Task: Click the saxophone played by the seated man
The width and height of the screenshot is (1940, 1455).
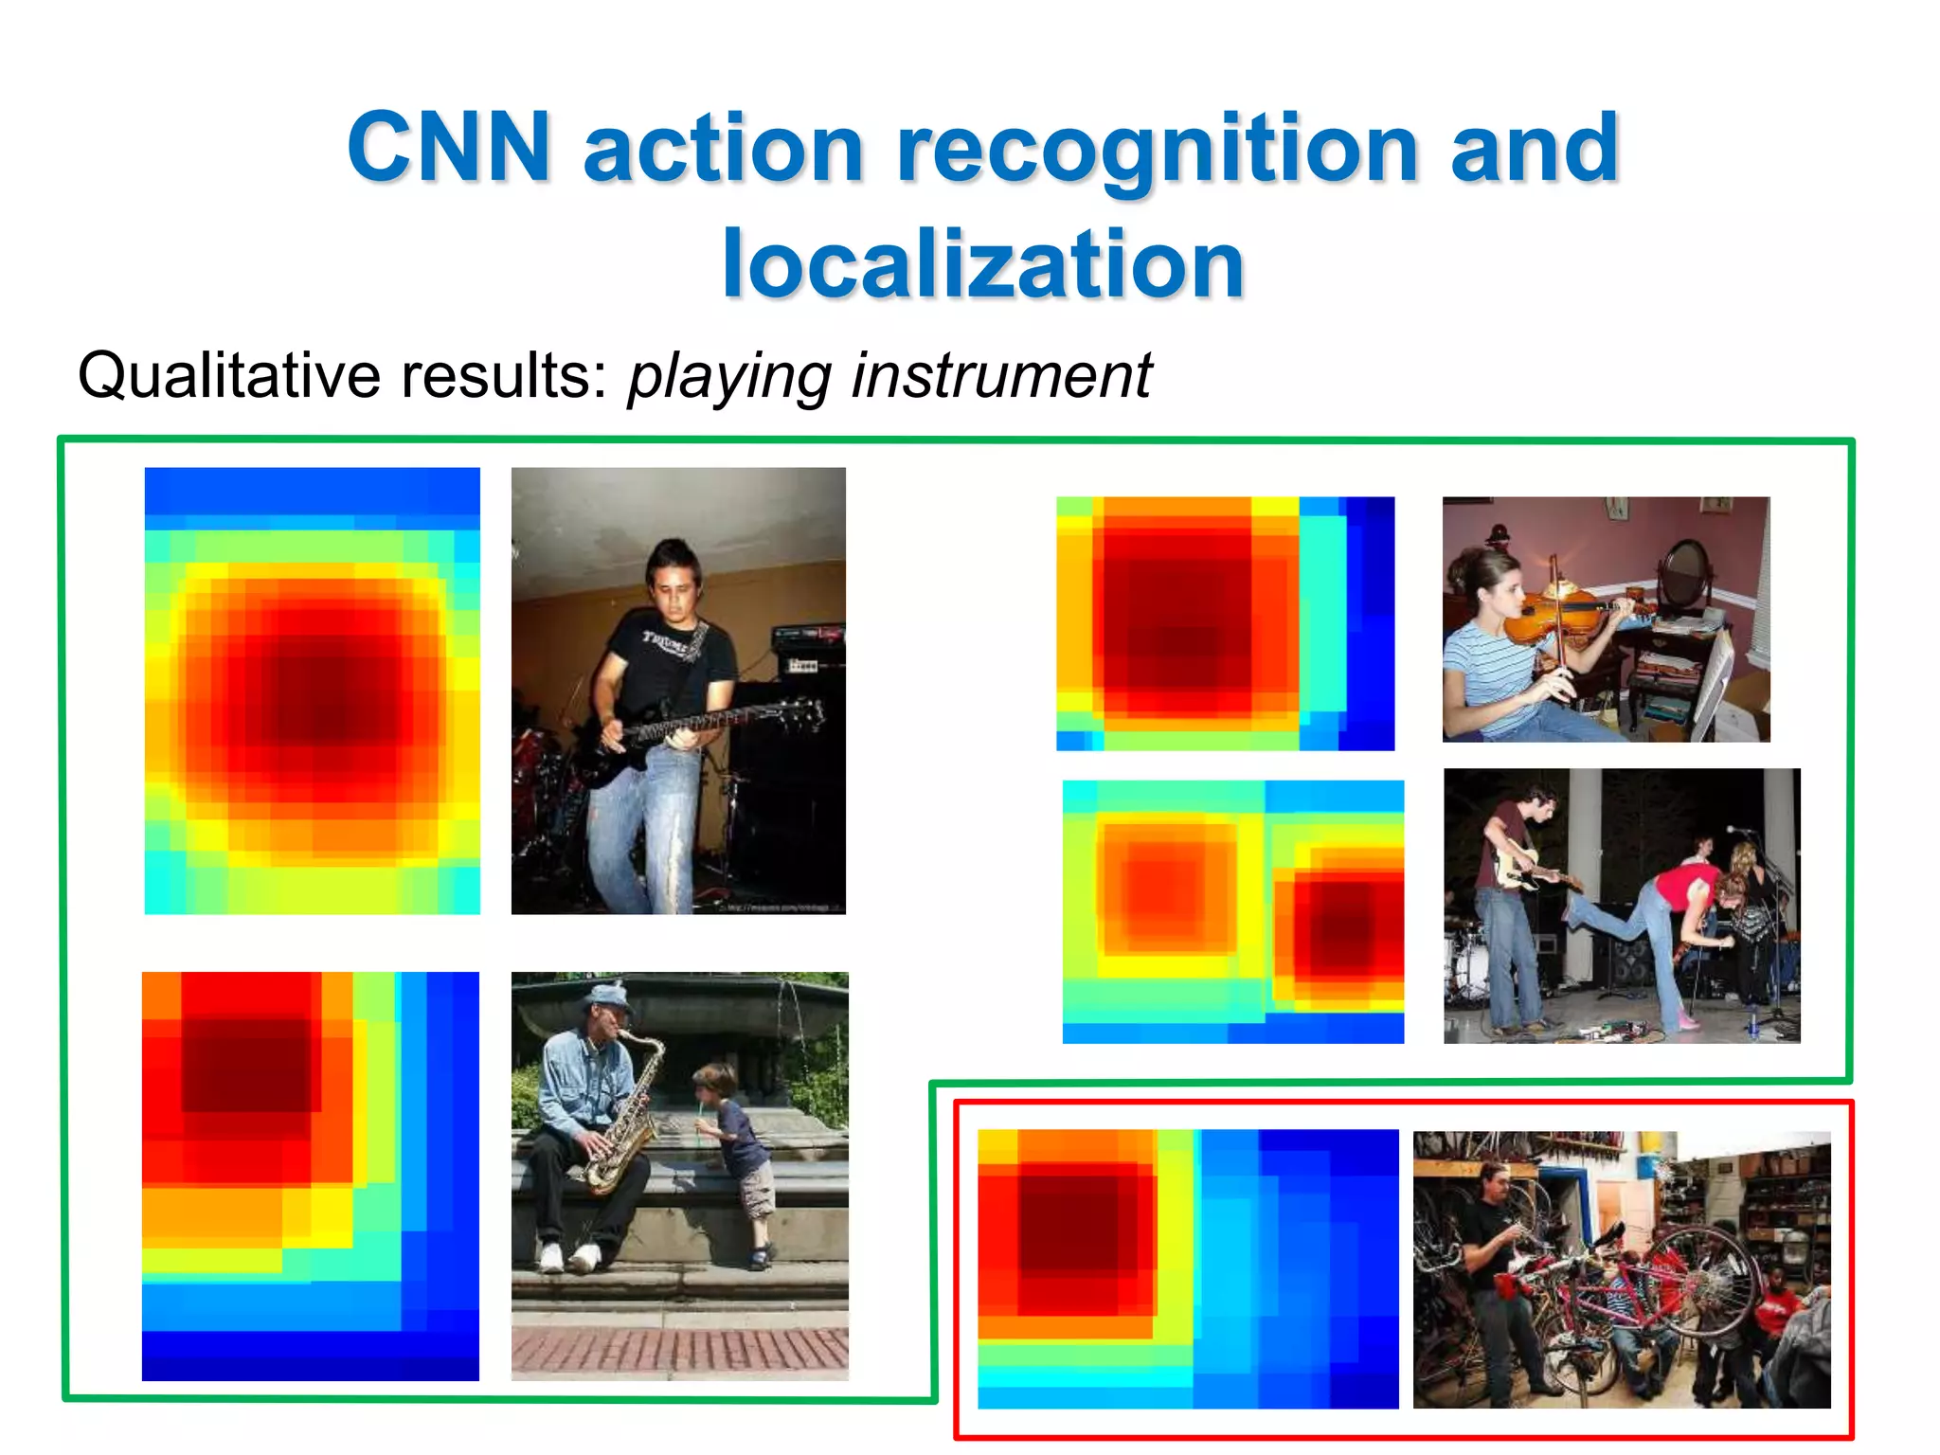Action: pyautogui.click(x=624, y=1127)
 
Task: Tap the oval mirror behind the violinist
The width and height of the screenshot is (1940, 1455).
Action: pyautogui.click(x=1682, y=572)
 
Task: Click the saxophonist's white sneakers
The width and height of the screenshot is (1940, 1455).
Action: pyautogui.click(x=568, y=1257)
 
